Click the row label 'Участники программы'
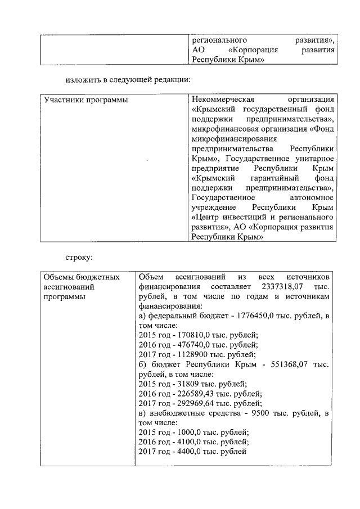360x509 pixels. point(85,100)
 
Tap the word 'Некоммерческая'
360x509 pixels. point(220,100)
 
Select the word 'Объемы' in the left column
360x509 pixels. point(58,277)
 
